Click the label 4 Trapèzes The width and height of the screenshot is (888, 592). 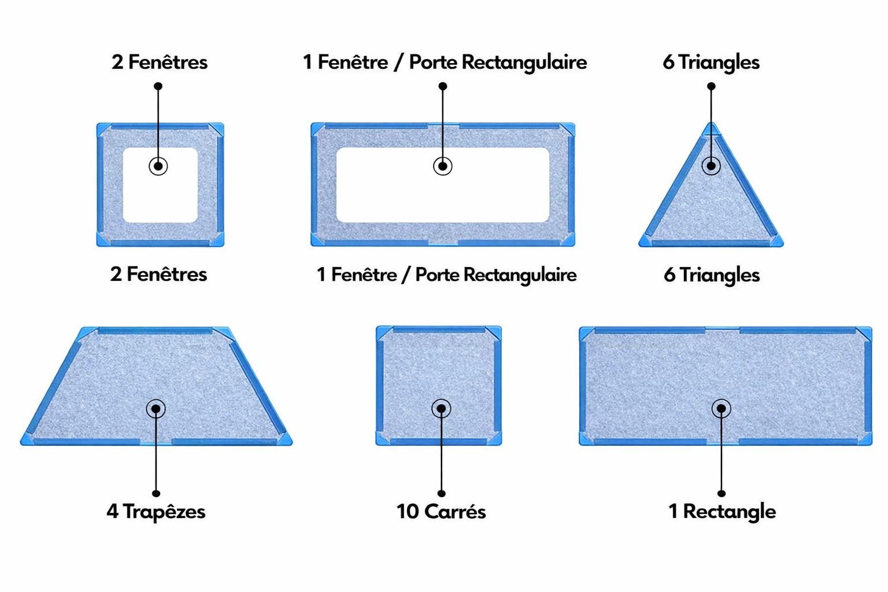click(x=156, y=512)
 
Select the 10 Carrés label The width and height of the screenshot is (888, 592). click(x=441, y=512)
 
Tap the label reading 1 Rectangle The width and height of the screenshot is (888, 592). click(x=721, y=512)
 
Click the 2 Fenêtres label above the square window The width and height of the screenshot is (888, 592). click(x=159, y=62)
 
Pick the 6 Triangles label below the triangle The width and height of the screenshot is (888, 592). click(x=711, y=275)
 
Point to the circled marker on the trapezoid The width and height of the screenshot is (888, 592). click(x=156, y=409)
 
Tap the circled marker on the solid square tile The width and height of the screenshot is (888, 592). click(x=441, y=409)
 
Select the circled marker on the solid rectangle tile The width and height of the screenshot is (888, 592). click(x=721, y=409)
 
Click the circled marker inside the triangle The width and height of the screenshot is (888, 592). click(x=711, y=166)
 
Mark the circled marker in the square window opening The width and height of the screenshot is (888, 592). click(x=158, y=166)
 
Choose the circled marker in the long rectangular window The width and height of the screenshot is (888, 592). click(x=442, y=166)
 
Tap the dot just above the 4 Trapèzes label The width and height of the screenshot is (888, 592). click(x=156, y=493)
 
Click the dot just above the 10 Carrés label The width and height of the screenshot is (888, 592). click(x=441, y=493)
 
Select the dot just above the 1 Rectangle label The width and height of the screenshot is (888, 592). click(x=721, y=493)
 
